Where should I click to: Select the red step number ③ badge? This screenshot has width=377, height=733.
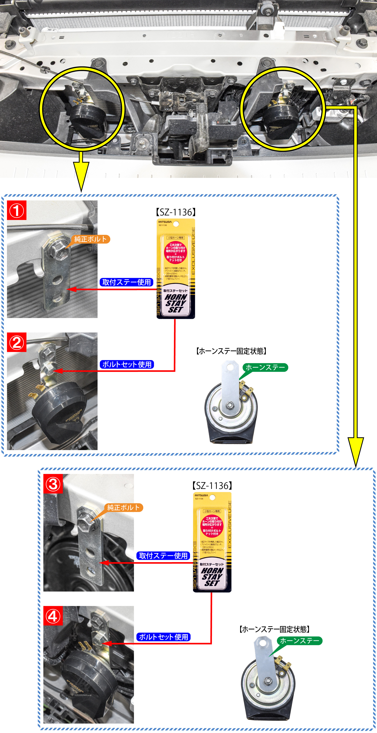tap(53, 484)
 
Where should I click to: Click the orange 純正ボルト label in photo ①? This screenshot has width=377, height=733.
tap(91, 239)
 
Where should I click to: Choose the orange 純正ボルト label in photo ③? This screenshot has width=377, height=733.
tap(124, 507)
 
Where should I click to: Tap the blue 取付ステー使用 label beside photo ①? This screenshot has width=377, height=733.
tap(126, 282)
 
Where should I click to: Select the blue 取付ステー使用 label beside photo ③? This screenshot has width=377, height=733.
tap(163, 556)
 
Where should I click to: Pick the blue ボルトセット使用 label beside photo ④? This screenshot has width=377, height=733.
tap(163, 637)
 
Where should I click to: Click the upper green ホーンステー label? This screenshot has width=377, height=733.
tap(265, 367)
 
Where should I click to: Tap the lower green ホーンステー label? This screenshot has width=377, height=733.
tap(300, 641)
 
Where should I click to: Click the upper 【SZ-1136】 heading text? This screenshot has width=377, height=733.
tap(176, 212)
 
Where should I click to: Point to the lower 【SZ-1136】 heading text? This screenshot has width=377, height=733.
tap(212, 486)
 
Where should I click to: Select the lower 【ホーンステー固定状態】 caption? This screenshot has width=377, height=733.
tap(274, 629)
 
